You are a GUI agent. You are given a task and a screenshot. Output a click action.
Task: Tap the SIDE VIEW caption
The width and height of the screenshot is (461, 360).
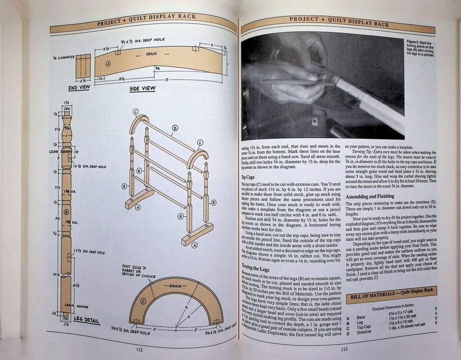[x=142, y=88]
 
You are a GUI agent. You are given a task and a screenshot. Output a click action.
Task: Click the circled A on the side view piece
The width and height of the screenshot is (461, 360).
[x=108, y=63]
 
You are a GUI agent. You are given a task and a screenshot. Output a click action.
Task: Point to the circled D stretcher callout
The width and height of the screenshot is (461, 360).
[x=175, y=128]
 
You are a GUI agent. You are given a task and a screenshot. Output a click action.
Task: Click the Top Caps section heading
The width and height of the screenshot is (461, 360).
[x=249, y=176]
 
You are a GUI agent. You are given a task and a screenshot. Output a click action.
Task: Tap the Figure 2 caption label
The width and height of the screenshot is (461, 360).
[x=415, y=43]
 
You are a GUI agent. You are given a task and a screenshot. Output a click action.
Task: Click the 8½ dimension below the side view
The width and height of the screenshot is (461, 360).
[x=123, y=78]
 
